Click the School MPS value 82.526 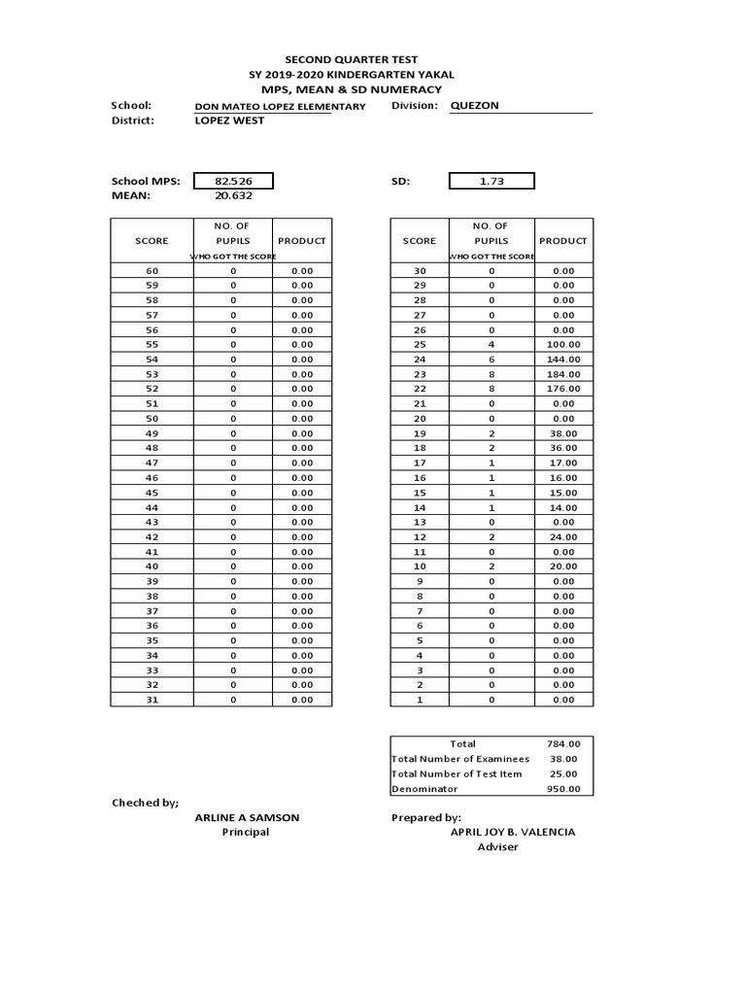(232, 181)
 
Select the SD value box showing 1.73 (492, 181)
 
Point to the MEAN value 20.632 (232, 195)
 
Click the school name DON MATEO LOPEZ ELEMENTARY (281, 106)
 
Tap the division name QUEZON (475, 105)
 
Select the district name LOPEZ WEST (229, 120)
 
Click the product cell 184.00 (563, 374)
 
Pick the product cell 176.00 (563, 389)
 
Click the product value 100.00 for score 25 (563, 345)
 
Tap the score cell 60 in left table (152, 271)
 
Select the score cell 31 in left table (152, 700)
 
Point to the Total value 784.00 (563, 744)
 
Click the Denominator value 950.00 (563, 789)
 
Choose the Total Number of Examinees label (460, 759)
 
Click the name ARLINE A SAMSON (247, 817)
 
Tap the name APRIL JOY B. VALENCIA (512, 832)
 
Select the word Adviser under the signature (497, 846)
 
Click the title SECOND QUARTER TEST (351, 60)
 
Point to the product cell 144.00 (563, 360)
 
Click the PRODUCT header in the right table (563, 240)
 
